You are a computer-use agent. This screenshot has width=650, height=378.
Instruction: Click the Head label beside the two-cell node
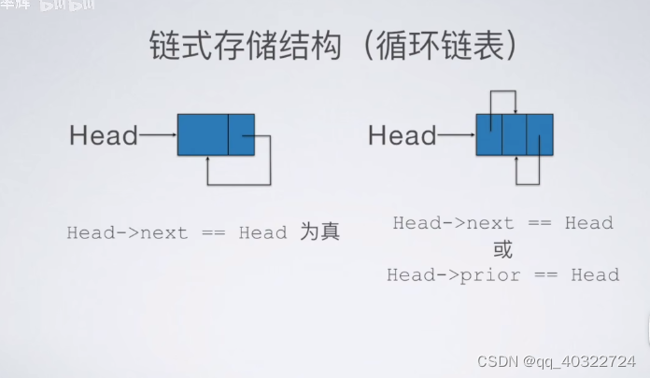click(x=103, y=137)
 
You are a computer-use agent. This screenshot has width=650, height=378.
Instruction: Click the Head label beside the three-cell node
click(x=402, y=137)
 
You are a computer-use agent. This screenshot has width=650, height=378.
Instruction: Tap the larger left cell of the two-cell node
click(x=203, y=135)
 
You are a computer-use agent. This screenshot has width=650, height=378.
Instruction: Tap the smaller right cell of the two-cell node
click(x=241, y=135)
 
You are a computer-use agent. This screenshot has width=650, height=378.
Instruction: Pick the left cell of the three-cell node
click(x=488, y=134)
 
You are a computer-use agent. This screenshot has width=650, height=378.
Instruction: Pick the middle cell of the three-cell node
click(x=514, y=134)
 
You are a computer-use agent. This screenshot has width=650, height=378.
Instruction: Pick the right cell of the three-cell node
click(x=540, y=134)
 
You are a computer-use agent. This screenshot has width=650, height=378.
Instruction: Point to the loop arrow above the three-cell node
click(x=502, y=94)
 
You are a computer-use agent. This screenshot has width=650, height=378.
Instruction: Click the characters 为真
click(x=319, y=231)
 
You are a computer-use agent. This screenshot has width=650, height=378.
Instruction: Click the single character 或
click(x=502, y=249)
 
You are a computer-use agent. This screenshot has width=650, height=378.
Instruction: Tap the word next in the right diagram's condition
click(x=490, y=223)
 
